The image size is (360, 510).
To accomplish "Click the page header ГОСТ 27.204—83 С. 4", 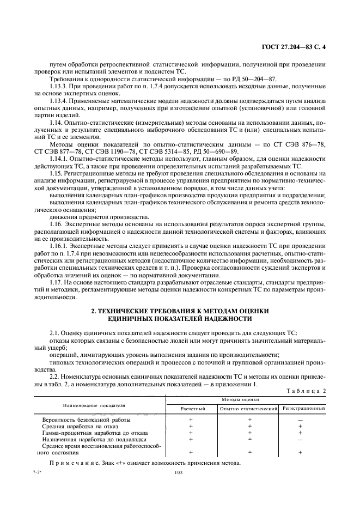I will pyautogui.click(x=298, y=47).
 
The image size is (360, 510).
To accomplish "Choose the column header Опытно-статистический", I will pyautogui.click(x=249, y=408).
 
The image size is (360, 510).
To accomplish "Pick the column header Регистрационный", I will pyautogui.click(x=303, y=408).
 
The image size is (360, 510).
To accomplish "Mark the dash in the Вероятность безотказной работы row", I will pyautogui.click(x=301, y=420).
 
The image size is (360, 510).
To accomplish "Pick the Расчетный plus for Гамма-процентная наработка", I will pyautogui.click(x=191, y=433).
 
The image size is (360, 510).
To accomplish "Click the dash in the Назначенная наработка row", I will pyautogui.click(x=301, y=439).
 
